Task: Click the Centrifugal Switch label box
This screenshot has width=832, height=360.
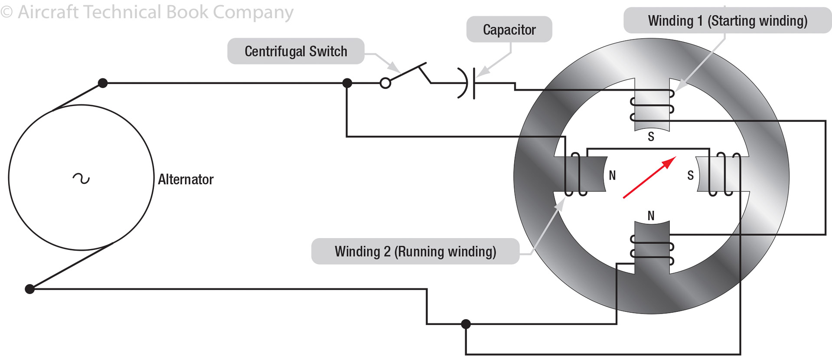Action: tap(296, 51)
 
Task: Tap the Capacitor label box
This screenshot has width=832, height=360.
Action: tap(509, 29)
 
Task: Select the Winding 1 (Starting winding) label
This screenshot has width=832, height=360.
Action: tap(727, 21)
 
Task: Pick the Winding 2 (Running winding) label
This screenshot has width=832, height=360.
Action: tap(415, 252)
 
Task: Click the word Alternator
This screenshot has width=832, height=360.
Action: tap(186, 179)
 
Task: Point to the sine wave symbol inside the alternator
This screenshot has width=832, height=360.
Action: tap(81, 178)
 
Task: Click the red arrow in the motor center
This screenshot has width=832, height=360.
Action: tap(649, 178)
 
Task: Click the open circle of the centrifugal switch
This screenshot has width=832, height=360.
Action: tap(385, 83)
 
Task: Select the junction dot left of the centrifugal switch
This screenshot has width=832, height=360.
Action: tap(347, 83)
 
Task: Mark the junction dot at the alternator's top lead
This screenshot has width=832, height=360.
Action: tap(103, 83)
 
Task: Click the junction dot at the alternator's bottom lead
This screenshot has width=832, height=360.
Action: tap(29, 289)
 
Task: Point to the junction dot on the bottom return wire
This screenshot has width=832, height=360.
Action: tap(466, 324)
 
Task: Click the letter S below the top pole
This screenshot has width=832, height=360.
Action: tap(651, 137)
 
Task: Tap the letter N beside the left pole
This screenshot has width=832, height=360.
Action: tap(612, 175)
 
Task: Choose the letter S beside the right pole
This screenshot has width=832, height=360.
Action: tap(690, 175)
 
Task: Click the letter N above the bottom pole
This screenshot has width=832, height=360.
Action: tap(651, 216)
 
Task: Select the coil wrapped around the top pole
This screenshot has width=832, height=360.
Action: tap(652, 105)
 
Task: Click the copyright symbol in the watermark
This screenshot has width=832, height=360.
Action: tap(7, 12)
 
